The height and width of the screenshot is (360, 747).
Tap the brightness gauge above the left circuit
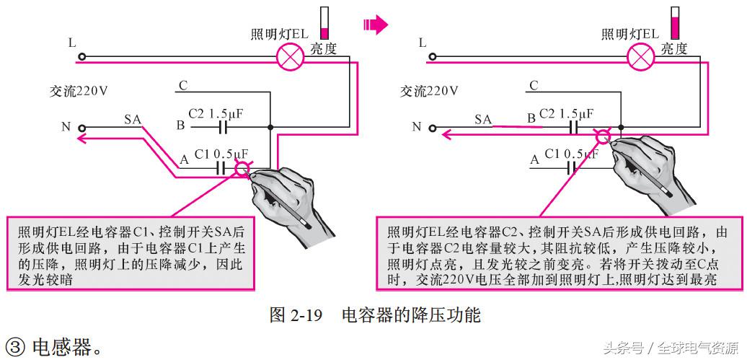click(324, 22)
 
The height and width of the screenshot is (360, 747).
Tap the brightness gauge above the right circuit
click(676, 22)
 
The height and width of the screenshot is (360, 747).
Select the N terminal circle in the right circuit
click(433, 128)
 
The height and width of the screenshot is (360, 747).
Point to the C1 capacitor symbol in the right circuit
click(573, 168)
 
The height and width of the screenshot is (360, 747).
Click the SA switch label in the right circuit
click(483, 118)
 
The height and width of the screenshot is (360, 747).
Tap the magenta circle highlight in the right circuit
click(602, 135)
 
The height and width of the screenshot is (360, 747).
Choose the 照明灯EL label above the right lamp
click(629, 34)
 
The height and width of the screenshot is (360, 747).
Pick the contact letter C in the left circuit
click(183, 85)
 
